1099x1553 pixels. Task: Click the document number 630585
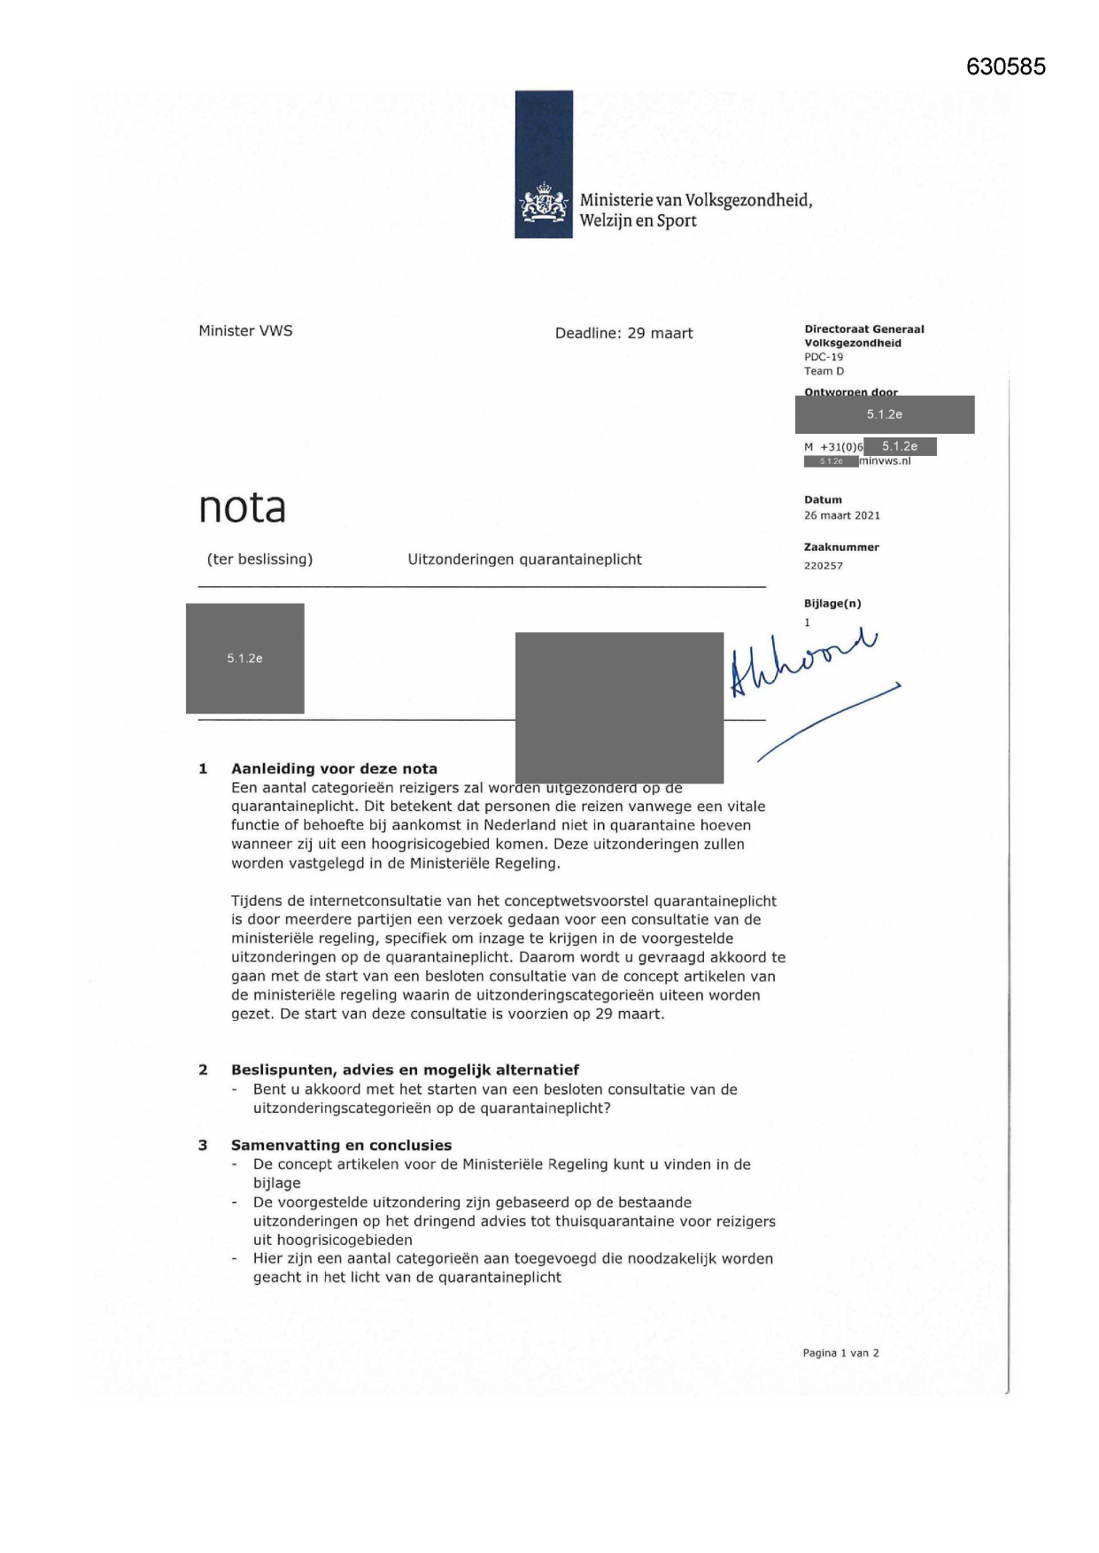pyautogui.click(x=1005, y=67)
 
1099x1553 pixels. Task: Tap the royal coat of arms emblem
pyautogui.click(x=543, y=205)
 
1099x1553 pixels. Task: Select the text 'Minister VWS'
pyautogui.click(x=245, y=331)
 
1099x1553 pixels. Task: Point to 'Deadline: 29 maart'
pyautogui.click(x=623, y=334)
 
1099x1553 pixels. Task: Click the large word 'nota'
pyautogui.click(x=242, y=507)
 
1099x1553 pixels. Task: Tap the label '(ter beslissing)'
pyautogui.click(x=259, y=560)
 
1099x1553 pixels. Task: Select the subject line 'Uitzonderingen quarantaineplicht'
pyautogui.click(x=524, y=560)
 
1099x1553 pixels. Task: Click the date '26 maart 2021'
pyautogui.click(x=841, y=515)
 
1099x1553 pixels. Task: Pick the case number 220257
pyautogui.click(x=823, y=566)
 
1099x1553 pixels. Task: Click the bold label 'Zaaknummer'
pyautogui.click(x=841, y=547)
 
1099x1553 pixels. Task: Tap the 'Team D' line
pyautogui.click(x=824, y=371)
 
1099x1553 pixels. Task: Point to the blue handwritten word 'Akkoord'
pyautogui.click(x=801, y=663)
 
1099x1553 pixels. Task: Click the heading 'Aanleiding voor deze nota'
pyautogui.click(x=334, y=769)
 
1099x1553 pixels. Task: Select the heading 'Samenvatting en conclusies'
pyautogui.click(x=341, y=1145)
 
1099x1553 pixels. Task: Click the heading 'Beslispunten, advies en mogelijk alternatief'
pyautogui.click(x=405, y=1070)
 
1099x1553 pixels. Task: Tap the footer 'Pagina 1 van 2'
pyautogui.click(x=840, y=1353)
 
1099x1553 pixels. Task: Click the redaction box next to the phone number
pyautogui.click(x=899, y=447)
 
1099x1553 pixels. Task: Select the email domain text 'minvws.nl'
pyautogui.click(x=885, y=461)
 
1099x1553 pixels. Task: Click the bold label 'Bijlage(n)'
pyautogui.click(x=832, y=604)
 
